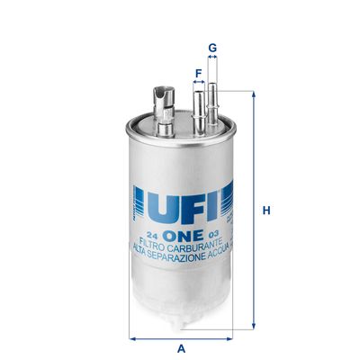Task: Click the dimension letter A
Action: point(181,348)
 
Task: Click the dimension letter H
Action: point(266,211)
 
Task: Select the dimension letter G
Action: point(213,46)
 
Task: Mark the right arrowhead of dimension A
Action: point(230,338)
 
